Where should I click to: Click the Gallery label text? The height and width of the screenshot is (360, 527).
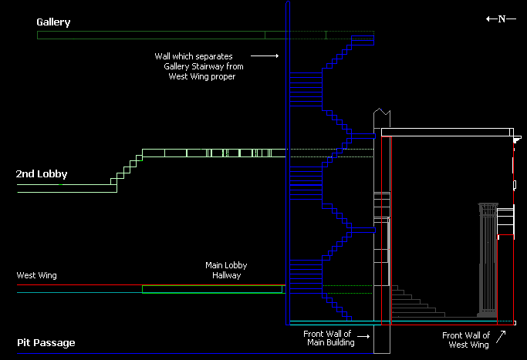coord(53,22)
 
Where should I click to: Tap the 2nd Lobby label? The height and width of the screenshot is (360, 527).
coord(42,174)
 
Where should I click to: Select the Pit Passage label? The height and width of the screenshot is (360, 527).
coord(46,342)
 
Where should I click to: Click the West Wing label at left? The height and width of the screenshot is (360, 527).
coord(37,275)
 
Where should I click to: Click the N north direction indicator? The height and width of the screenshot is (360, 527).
coord(501,19)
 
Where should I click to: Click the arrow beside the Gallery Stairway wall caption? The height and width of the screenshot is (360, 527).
coord(265,56)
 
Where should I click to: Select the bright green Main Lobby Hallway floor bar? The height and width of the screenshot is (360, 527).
coord(213,289)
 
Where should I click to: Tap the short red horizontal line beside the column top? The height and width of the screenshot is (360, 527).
coord(505,236)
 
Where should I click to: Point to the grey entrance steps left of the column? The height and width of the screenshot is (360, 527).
coord(417,303)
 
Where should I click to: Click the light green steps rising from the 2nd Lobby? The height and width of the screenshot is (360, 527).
coord(127,170)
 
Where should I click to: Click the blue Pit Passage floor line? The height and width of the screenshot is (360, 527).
coord(154,354)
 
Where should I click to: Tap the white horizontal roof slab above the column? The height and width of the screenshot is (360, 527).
coord(448,133)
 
